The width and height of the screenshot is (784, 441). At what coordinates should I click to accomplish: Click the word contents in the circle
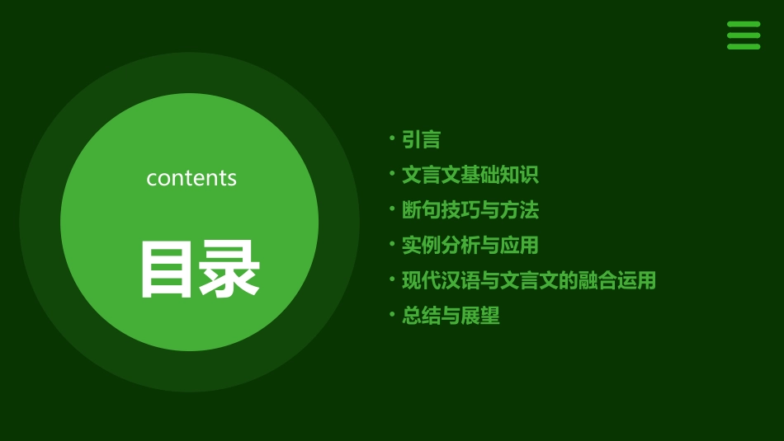(x=191, y=178)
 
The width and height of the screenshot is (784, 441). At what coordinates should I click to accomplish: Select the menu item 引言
(x=421, y=140)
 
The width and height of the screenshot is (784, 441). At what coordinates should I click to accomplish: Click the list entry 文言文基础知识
(x=470, y=175)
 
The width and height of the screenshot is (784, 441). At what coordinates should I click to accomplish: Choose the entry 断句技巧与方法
(x=470, y=210)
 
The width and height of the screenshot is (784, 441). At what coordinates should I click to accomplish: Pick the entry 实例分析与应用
(x=470, y=245)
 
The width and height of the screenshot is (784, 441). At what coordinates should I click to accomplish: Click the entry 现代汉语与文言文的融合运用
(x=528, y=280)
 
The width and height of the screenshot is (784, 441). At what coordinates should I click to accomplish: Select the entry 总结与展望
(x=451, y=316)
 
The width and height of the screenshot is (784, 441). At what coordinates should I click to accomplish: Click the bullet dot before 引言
(x=393, y=138)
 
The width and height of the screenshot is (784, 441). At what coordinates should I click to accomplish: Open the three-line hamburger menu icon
(x=744, y=35)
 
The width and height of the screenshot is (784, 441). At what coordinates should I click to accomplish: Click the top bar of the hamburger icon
(x=744, y=25)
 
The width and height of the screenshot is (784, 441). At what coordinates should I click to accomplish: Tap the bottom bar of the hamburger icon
(x=744, y=46)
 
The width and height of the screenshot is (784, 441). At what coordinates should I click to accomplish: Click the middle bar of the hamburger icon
(x=744, y=35)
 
